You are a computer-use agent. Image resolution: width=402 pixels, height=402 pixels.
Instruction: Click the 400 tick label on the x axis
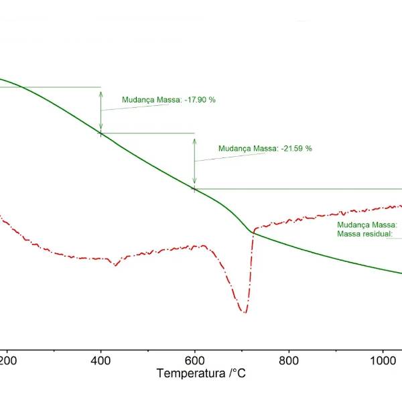coord(100,359)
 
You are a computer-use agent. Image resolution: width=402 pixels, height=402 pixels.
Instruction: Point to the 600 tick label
coord(194,359)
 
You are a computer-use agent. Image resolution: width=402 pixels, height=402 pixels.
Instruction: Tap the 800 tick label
coord(289,359)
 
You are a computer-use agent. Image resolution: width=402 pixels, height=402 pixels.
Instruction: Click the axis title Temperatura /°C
coord(201,373)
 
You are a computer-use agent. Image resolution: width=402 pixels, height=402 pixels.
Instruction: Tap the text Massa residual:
coord(364,234)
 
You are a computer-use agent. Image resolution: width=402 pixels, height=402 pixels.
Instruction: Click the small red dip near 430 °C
coord(116,265)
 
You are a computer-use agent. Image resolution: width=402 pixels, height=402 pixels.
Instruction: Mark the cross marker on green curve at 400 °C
coord(100,133)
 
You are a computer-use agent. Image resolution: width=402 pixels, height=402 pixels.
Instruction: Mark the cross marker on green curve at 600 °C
coord(194,189)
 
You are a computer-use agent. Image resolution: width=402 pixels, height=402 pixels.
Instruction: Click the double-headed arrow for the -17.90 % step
coord(100,110)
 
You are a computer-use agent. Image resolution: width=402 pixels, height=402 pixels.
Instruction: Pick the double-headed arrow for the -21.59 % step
coord(194,161)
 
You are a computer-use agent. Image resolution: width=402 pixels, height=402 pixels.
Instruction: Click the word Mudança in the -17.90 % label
coord(137,100)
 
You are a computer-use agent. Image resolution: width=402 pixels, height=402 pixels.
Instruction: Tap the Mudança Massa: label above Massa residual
coord(367,225)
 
